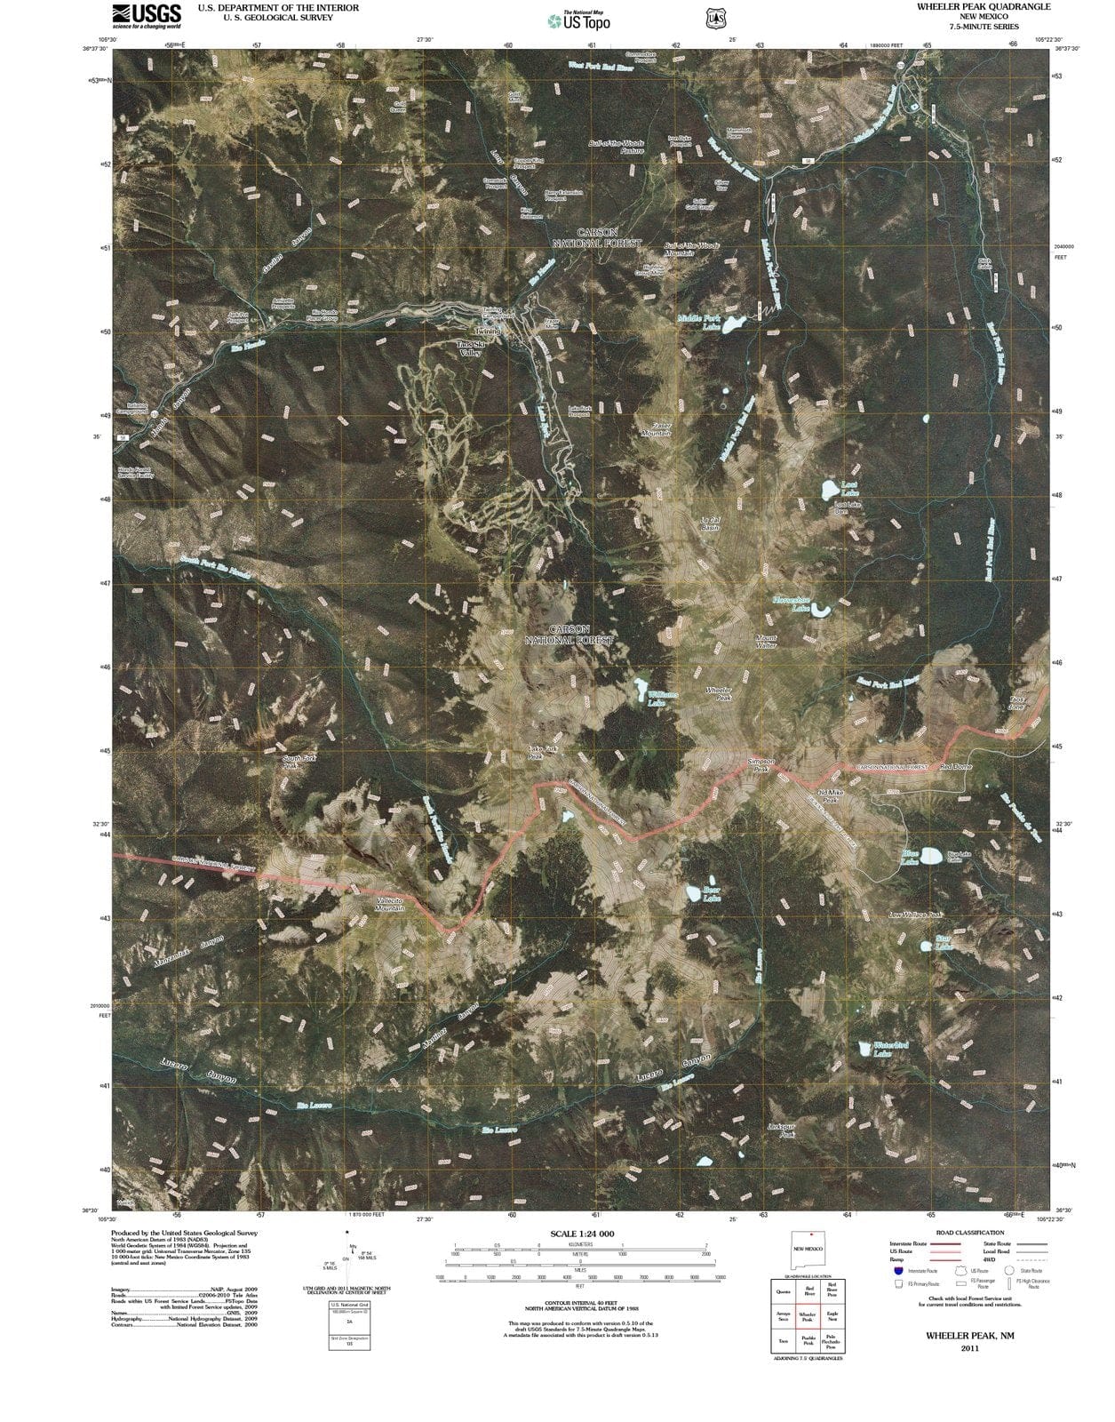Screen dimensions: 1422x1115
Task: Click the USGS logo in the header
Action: [x=147, y=15]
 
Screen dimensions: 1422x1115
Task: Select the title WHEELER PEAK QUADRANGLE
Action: [x=970, y=6]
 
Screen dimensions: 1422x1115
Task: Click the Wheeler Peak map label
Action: [x=719, y=694]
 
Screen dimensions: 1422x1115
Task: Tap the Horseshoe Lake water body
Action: [x=822, y=611]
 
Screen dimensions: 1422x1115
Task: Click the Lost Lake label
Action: [x=850, y=488]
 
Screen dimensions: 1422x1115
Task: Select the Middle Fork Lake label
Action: [x=698, y=322]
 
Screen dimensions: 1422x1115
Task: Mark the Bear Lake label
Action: [x=712, y=893]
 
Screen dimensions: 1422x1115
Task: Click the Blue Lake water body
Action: [x=930, y=856]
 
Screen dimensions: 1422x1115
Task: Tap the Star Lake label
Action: [x=944, y=942]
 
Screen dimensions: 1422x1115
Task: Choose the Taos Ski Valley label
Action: [x=470, y=348]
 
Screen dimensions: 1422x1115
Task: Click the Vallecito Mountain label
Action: [x=389, y=905]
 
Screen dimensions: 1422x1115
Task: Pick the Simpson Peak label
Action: [x=761, y=765]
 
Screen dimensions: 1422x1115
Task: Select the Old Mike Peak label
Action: [x=828, y=795]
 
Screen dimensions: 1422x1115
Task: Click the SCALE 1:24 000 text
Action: [x=582, y=1234]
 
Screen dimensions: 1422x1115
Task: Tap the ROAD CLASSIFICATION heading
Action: [x=969, y=1233]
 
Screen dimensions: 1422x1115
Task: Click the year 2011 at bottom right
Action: [x=969, y=1349]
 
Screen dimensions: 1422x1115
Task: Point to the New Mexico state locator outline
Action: [x=808, y=1248]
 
